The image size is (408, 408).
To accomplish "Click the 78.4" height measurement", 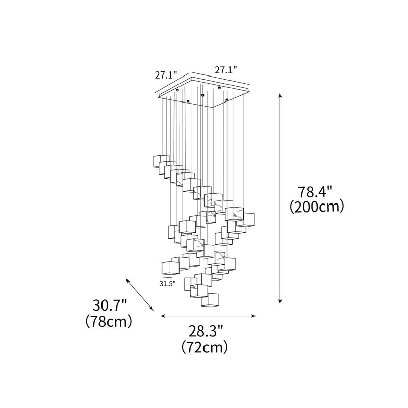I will [x=315, y=192].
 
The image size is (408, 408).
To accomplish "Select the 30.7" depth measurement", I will [x=110, y=306].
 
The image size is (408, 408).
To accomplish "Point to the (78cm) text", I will [x=110, y=322].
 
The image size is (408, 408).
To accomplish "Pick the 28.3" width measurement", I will [x=205, y=331].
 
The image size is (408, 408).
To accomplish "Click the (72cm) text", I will [x=205, y=348].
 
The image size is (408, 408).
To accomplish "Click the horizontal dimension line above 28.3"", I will [x=208, y=316].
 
